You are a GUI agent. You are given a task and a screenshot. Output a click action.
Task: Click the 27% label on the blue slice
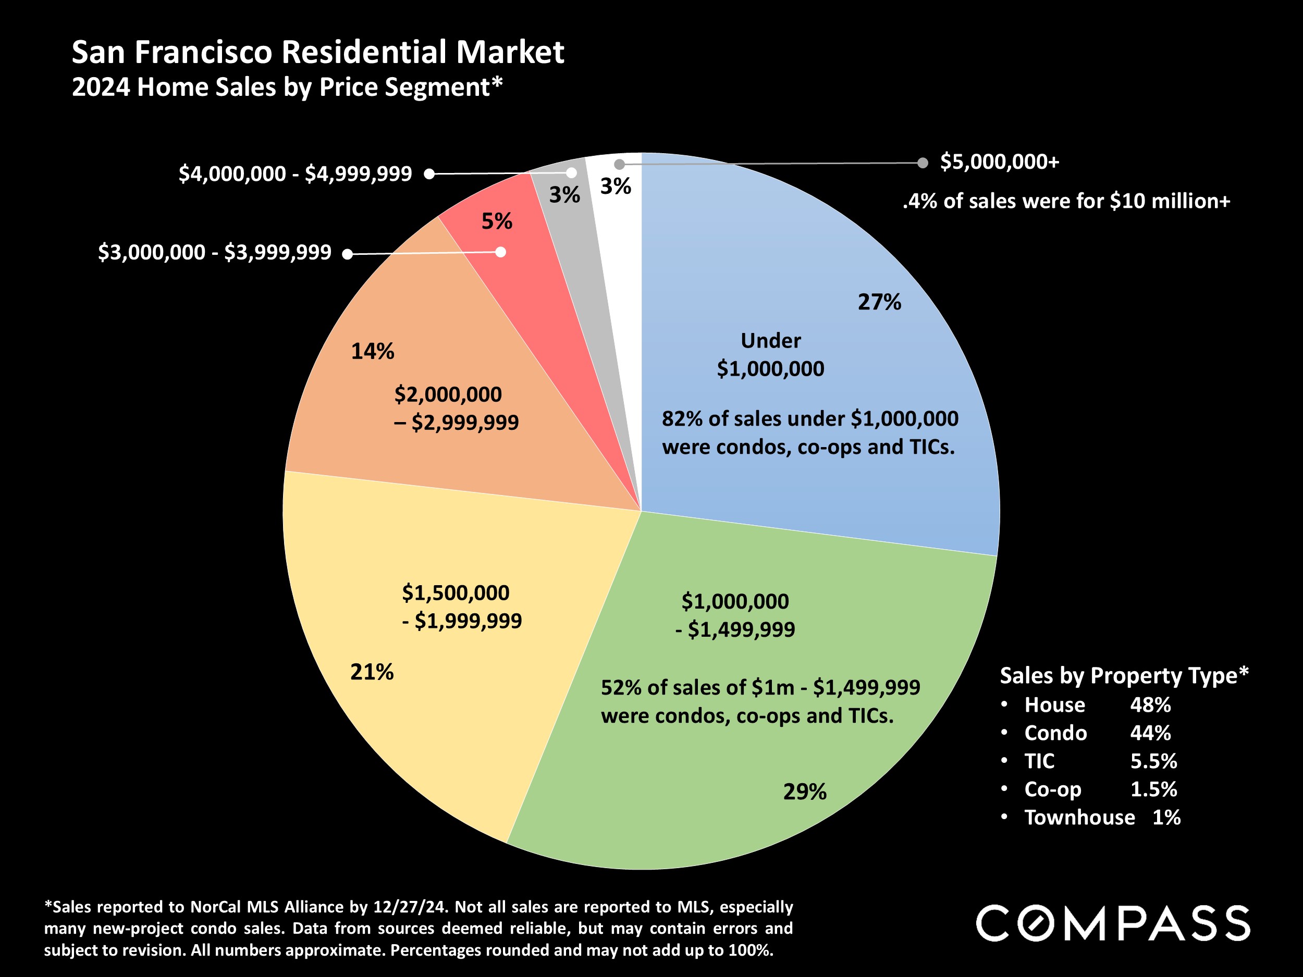coord(879,302)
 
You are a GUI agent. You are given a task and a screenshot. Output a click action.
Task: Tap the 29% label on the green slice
coord(805,792)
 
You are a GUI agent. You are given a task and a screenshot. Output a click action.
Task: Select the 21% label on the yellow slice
coord(372,672)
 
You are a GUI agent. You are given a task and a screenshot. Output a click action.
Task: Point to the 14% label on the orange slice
coord(372,352)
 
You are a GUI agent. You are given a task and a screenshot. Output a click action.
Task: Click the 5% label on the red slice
coord(497,221)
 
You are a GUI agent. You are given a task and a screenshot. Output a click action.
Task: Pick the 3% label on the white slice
coord(616,187)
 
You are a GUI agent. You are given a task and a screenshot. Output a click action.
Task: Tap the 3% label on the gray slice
coord(564,195)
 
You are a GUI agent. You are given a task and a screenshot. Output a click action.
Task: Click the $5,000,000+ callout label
coord(1000,162)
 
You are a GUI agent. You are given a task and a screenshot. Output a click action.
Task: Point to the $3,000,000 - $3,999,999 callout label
coord(214,253)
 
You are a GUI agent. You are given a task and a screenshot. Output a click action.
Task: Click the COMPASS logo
coord(1113,923)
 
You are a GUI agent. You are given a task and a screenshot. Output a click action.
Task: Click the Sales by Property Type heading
coord(1124,675)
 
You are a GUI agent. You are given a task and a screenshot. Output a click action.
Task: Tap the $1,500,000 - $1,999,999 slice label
coord(461,607)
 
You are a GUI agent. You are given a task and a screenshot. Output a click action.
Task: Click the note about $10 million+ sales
coord(1066,202)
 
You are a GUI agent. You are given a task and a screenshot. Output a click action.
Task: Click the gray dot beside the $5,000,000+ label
coord(923,163)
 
